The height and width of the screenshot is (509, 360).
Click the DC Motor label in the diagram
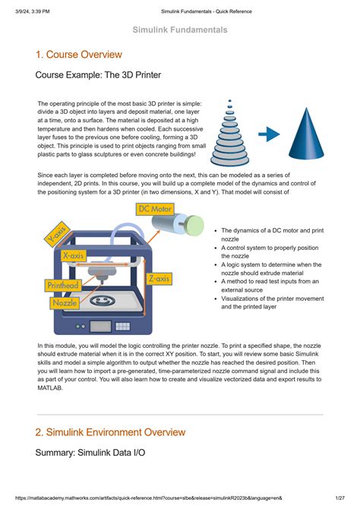154,209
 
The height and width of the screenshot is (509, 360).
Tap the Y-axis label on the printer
58,234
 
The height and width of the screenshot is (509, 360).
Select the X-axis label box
74,255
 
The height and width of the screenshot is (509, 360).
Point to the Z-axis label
159,279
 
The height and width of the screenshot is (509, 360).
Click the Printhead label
63,286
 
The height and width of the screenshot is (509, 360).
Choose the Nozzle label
65,303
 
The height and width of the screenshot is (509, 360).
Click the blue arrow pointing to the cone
269,134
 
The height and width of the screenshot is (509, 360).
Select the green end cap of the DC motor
195,225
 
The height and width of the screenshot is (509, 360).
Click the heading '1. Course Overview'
78,55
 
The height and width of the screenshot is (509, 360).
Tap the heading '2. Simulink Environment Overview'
110,432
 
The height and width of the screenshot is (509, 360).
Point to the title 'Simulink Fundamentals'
180,30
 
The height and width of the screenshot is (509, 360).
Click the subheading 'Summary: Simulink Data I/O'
90,453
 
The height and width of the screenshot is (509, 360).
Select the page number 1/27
340,498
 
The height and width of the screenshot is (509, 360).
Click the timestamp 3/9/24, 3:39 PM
33,11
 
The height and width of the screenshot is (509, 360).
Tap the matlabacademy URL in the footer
148,498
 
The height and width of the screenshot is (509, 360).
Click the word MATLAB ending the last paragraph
50,387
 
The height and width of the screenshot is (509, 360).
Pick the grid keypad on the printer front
123,326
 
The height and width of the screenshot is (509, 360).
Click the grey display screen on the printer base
100,326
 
